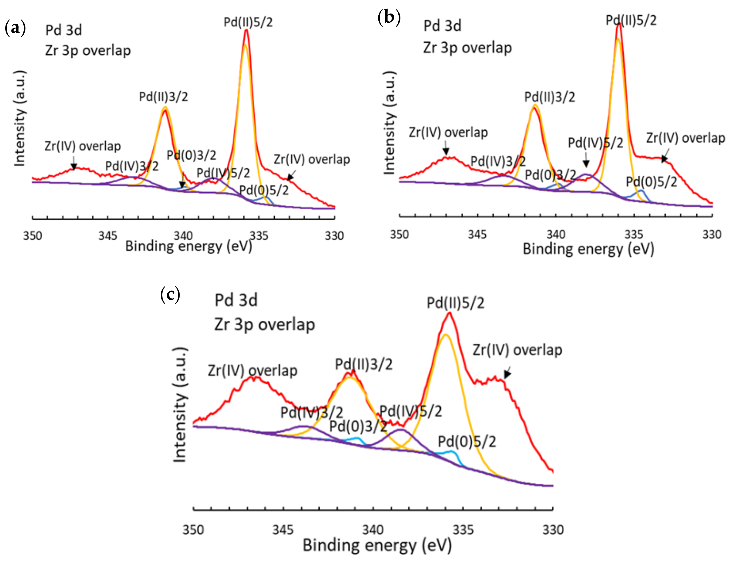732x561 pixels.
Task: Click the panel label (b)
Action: (x=389, y=17)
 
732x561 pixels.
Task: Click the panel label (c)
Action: (x=170, y=295)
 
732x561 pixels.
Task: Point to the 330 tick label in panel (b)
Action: (x=712, y=234)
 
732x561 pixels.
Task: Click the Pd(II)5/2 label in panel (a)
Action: (x=248, y=22)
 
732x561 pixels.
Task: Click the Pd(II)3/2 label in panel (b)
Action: (x=550, y=97)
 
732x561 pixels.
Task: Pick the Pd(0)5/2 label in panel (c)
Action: (x=467, y=442)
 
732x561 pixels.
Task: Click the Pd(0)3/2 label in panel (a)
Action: (x=191, y=155)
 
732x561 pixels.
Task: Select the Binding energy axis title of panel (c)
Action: (x=377, y=546)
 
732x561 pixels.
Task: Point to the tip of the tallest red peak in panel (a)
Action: (x=246, y=30)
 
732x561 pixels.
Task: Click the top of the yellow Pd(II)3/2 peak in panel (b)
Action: (x=535, y=105)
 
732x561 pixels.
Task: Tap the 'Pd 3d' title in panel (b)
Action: (x=442, y=26)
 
